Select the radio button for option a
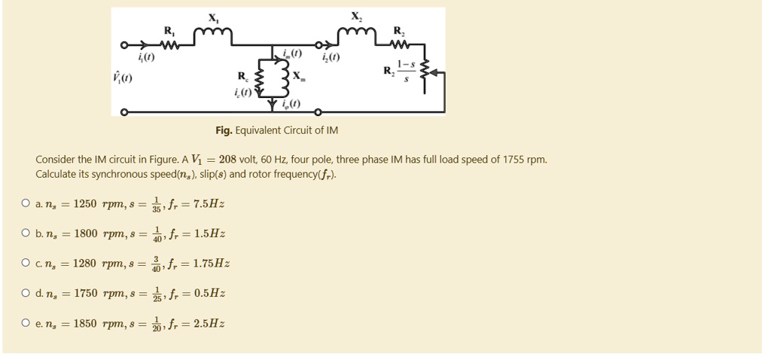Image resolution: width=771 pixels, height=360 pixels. pyautogui.click(x=26, y=203)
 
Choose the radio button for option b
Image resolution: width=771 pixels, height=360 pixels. pyautogui.click(x=26, y=233)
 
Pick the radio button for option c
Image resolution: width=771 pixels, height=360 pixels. pyautogui.click(x=26, y=264)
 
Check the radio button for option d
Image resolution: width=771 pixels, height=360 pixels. pyautogui.click(x=26, y=294)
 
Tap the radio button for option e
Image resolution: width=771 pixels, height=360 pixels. pyautogui.click(x=26, y=324)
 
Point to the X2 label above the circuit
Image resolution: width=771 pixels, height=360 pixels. pyautogui.click(x=355, y=16)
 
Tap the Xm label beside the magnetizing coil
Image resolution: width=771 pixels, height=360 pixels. pyautogui.click(x=299, y=76)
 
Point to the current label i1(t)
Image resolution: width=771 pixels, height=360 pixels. pyautogui.click(x=147, y=56)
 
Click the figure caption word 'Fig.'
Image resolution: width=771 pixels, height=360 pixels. pyautogui.click(x=224, y=130)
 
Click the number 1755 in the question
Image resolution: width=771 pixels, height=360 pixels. pyautogui.click(x=509, y=160)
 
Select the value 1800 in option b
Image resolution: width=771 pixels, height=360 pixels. pyautogui.click(x=85, y=233)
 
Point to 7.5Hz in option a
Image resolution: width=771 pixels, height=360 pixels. pyautogui.click(x=209, y=203)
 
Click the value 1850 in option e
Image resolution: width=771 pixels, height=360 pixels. pyautogui.click(x=85, y=324)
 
